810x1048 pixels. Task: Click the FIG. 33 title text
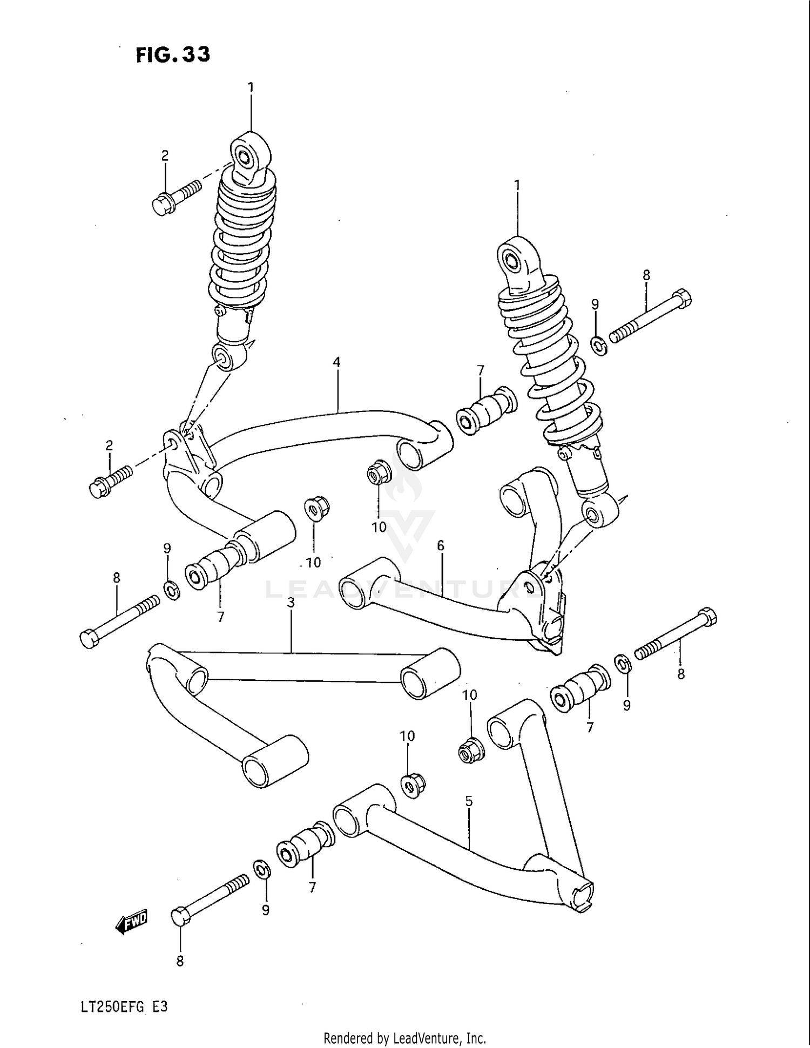(173, 54)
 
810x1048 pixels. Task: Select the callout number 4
(336, 362)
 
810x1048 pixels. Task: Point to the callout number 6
(441, 546)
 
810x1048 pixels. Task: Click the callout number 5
(468, 801)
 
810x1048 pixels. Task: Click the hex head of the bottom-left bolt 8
(180, 917)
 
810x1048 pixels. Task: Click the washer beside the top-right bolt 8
(598, 346)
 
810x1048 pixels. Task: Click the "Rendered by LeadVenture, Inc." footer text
(404, 1038)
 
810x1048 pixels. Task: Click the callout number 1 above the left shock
(251, 87)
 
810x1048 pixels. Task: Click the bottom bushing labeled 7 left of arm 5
(304, 848)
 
